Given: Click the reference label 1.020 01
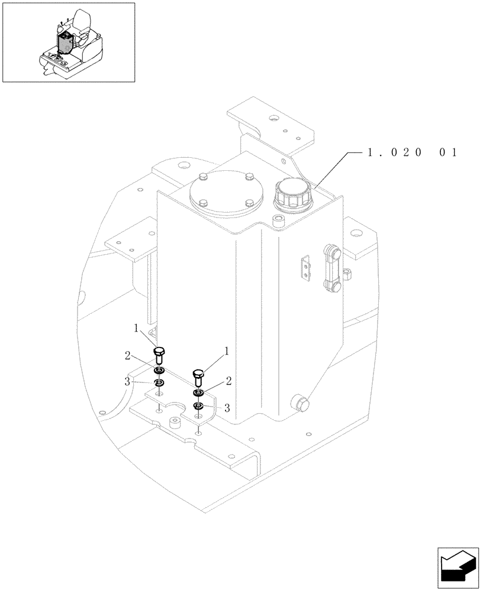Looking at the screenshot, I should [412, 152].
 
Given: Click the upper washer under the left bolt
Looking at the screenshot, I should [159, 371].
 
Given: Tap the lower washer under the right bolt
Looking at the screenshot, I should [198, 405].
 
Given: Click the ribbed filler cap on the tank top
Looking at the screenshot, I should [291, 195].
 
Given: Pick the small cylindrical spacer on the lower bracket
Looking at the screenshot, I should [175, 423].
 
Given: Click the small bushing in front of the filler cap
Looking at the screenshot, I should [278, 221].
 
